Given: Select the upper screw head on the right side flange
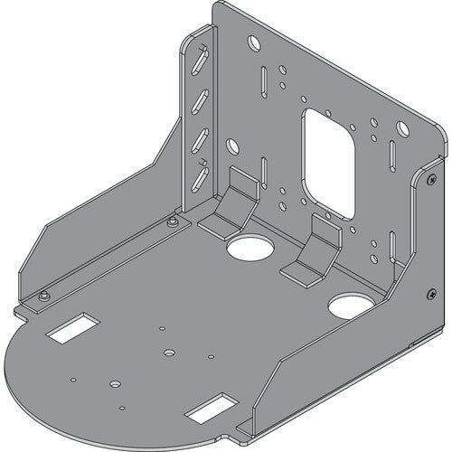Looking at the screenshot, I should [423, 181].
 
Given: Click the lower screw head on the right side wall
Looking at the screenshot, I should [428, 293].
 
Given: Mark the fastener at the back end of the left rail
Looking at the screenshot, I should [171, 221].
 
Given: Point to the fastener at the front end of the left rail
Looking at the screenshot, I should [42, 295].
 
